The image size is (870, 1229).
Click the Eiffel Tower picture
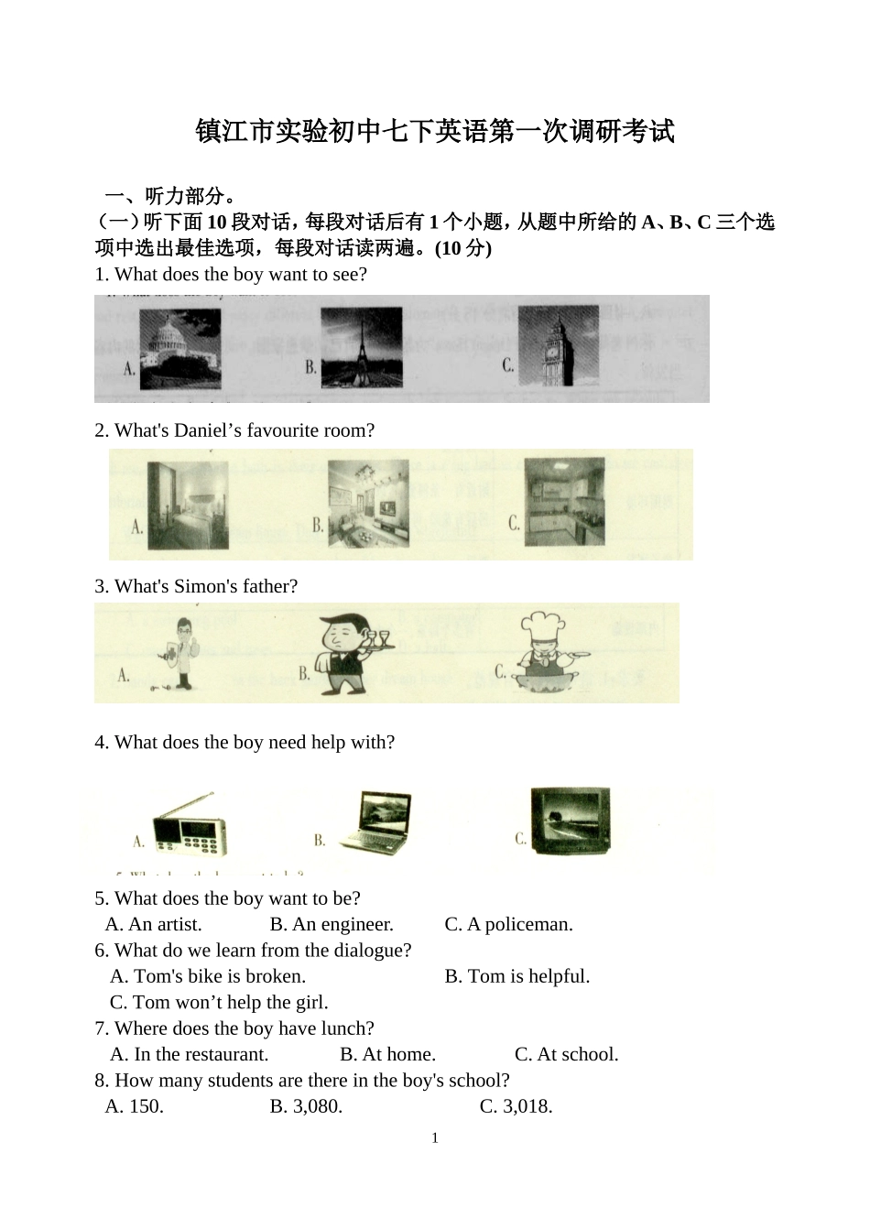pos(361,347)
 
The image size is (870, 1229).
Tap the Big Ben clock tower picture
pos(558,346)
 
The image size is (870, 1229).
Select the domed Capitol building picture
pos(179,348)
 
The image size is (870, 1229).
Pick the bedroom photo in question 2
pos(188,505)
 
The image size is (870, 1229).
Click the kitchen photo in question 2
pos(564,501)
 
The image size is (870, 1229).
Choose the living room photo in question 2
pos(368,505)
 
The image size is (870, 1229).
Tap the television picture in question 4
pos(570,821)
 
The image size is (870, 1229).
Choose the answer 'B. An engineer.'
pos(332,924)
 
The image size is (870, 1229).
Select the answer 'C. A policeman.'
pos(508,924)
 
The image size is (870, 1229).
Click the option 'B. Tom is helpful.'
pos(517,976)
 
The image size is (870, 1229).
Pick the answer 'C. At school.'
pos(566,1054)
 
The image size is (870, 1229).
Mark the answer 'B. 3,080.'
pos(306,1106)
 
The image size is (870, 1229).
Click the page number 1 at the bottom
pos(435,1138)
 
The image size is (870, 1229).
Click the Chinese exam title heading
pos(435,131)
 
